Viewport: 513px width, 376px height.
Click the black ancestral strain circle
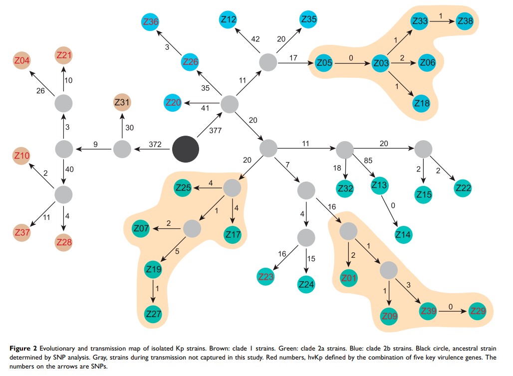tap(185, 149)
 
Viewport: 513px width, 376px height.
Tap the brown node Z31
tap(122, 102)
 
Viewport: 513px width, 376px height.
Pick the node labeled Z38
tap(465, 21)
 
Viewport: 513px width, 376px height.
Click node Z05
tap(324, 63)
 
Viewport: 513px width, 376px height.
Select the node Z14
tap(403, 234)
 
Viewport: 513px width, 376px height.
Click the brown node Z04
tap(21, 61)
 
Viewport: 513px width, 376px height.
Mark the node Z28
tap(64, 242)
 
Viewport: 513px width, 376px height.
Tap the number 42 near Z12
tap(256, 39)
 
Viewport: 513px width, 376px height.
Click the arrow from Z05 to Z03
tap(351, 64)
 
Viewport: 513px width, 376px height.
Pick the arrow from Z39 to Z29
tap(451, 312)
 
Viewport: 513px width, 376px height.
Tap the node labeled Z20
tap(173, 103)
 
